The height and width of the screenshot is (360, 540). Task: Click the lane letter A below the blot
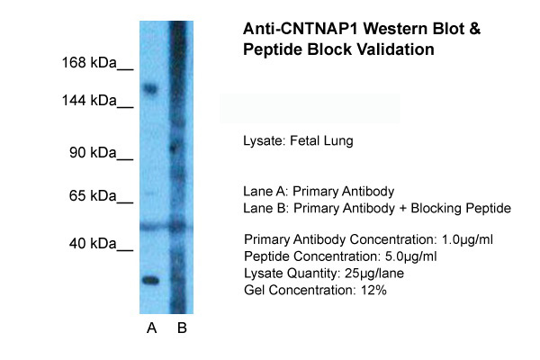pos(151,328)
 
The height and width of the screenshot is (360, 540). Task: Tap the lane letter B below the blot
pos(182,328)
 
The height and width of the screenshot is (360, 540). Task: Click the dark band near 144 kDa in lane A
pos(150,89)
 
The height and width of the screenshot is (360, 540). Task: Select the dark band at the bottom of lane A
pos(150,280)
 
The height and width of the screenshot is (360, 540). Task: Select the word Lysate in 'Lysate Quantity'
pos(264,274)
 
